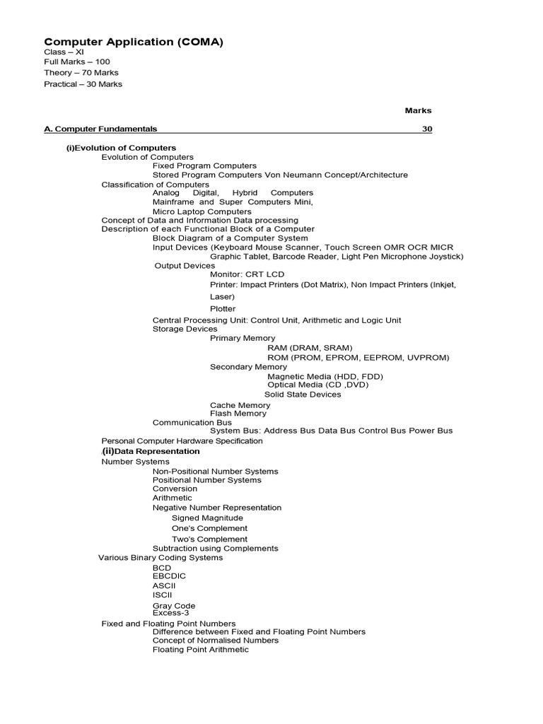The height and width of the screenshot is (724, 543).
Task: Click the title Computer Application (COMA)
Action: tap(134, 42)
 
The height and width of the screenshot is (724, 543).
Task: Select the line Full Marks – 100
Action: tap(77, 62)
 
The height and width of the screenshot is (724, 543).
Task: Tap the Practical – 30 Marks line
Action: tap(83, 84)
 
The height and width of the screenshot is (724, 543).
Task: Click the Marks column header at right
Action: tap(418, 111)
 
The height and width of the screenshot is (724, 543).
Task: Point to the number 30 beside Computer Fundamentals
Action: tap(427, 129)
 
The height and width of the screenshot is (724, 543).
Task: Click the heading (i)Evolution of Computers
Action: tap(121, 148)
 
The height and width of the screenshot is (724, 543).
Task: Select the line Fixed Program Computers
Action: tap(204, 165)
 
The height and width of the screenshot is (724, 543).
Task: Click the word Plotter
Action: tap(223, 309)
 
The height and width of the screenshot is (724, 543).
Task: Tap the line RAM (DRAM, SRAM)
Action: tap(310, 348)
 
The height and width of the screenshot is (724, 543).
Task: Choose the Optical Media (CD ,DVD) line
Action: tap(317, 385)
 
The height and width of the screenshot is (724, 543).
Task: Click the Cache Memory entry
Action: tap(240, 405)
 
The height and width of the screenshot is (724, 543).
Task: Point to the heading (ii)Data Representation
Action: tap(151, 451)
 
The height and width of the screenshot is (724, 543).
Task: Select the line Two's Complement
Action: tap(209, 539)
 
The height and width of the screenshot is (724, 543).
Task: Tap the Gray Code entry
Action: tap(174, 606)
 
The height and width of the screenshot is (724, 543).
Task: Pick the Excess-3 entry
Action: tap(170, 613)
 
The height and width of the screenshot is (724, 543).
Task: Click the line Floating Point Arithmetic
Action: tap(201, 649)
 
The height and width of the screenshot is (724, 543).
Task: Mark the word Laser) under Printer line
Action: tap(222, 297)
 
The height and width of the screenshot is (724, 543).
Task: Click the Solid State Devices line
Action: tap(303, 395)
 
